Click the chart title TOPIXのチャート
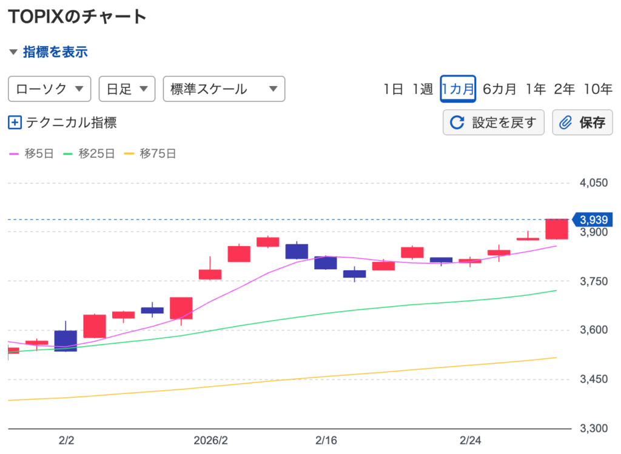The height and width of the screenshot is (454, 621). (x=77, y=16)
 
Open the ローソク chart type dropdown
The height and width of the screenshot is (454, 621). (x=49, y=89)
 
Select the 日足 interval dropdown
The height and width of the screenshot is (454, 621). (x=127, y=89)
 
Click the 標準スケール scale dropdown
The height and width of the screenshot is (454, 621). (x=224, y=89)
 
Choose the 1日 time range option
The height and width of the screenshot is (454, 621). (x=393, y=89)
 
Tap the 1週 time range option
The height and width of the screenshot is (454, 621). (x=423, y=89)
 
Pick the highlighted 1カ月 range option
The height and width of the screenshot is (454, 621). (x=457, y=89)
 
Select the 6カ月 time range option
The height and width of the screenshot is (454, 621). (x=500, y=89)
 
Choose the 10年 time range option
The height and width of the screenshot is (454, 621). (x=598, y=89)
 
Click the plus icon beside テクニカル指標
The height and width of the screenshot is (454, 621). (x=15, y=122)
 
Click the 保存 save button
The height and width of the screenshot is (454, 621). (x=582, y=122)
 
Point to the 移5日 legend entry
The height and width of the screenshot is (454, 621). (x=32, y=154)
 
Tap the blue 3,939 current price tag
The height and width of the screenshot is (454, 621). (x=592, y=219)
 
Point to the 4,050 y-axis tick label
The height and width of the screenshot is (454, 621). (x=594, y=182)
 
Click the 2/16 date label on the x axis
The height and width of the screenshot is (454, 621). (x=326, y=439)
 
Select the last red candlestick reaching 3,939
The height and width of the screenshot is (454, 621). (x=557, y=229)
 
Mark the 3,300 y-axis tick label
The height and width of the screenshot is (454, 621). (x=594, y=429)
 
